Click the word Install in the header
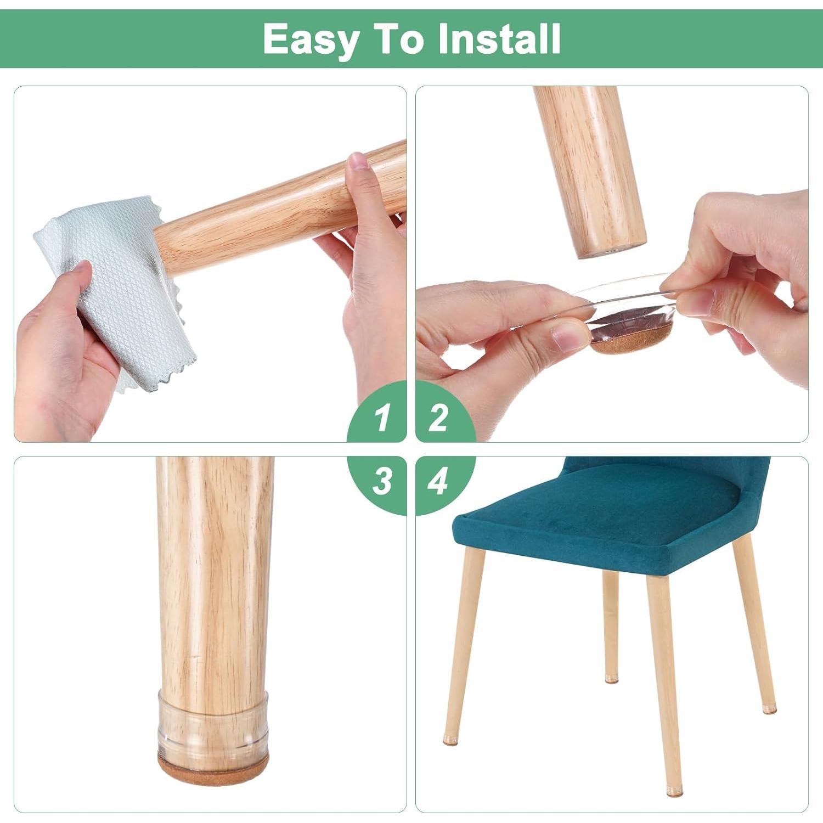[x=500, y=38]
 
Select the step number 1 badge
[x=382, y=418]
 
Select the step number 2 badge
[x=438, y=418]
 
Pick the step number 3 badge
[x=382, y=482]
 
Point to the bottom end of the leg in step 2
[x=610, y=250]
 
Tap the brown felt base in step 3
[x=213, y=762]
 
